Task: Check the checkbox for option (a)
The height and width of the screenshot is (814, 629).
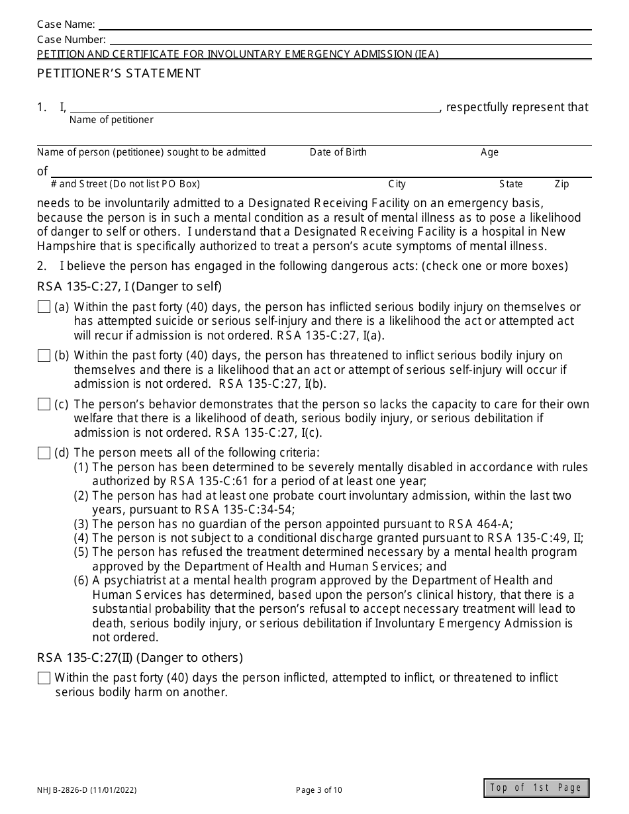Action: point(44,307)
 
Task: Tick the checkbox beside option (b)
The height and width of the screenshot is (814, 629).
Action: point(44,356)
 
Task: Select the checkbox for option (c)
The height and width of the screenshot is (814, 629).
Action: point(44,404)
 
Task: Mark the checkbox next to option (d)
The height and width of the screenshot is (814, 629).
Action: point(44,453)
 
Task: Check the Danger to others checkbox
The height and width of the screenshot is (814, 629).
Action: point(44,678)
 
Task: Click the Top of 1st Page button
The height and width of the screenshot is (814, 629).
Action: point(536,788)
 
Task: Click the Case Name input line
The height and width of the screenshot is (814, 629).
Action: point(344,24)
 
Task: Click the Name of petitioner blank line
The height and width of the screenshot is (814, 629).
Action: point(255,107)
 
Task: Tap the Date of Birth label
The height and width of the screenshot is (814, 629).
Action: point(338,152)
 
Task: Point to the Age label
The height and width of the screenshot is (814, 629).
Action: point(489,152)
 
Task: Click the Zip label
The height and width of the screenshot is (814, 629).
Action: point(561,184)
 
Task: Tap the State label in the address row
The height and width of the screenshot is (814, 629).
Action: point(510,184)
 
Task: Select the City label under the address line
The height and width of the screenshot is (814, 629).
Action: point(397,184)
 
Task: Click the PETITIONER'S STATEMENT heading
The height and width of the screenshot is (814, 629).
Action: point(119,73)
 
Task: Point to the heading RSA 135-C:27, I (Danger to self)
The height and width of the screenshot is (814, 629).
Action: point(129,287)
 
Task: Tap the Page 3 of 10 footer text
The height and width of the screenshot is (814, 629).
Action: point(319,790)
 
